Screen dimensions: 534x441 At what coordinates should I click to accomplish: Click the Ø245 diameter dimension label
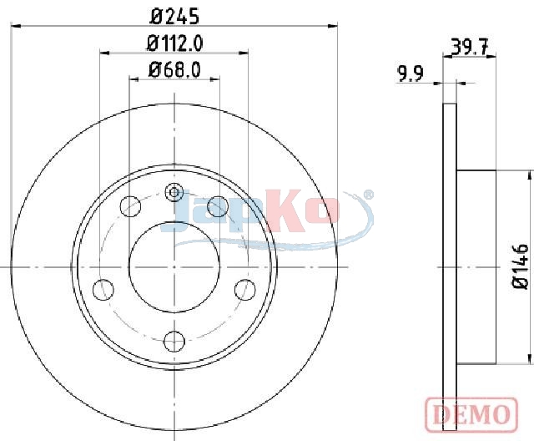click(174, 17)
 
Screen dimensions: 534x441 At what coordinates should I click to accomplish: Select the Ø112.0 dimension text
click(174, 43)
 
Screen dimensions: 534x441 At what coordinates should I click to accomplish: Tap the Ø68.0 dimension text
click(174, 70)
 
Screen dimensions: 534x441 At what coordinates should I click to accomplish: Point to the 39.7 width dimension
click(469, 47)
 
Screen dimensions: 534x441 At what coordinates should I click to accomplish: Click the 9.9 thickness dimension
click(411, 74)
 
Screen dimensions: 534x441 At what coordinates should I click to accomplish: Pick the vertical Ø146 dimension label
click(521, 266)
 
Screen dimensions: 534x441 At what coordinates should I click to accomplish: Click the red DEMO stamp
click(471, 413)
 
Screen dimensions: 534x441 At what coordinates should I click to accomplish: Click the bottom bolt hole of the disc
click(174, 341)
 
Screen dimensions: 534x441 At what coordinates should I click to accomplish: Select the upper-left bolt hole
click(131, 206)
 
